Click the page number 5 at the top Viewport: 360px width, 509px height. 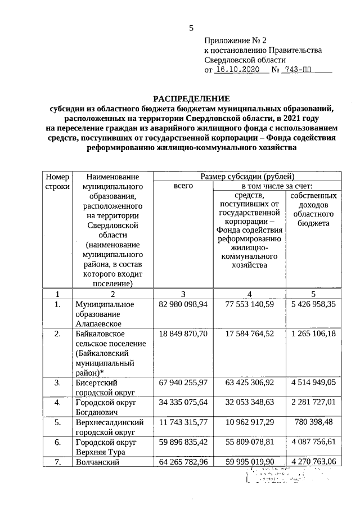point(191,28)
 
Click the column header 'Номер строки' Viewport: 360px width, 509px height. point(57,181)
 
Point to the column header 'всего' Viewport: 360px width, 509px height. point(183,186)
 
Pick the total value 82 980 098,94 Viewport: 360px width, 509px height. point(183,304)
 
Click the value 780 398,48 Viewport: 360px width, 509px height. point(313,421)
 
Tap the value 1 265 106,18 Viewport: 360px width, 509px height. point(313,334)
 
